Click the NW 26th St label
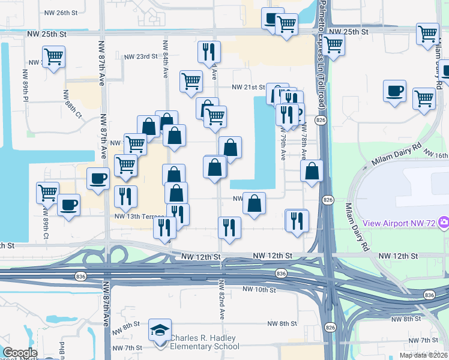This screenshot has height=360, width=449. point(62,12)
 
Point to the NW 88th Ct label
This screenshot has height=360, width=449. point(73,104)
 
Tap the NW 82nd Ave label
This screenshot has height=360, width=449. point(221,299)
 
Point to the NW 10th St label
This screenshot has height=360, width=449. point(259,289)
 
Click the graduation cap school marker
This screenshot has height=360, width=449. point(160,331)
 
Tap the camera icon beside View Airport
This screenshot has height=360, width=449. point(444,223)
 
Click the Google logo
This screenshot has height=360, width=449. point(19,353)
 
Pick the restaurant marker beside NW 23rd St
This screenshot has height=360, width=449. point(209,53)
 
